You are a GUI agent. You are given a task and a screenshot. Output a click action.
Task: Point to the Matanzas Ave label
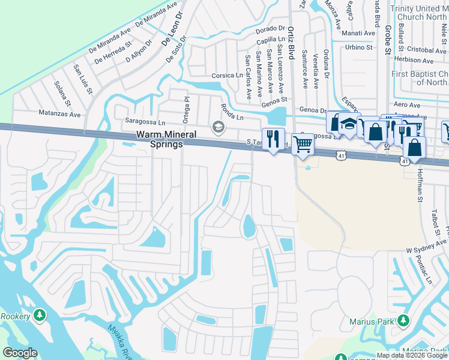click(x=59, y=113)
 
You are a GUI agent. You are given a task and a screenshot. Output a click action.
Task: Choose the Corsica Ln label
click(x=228, y=76)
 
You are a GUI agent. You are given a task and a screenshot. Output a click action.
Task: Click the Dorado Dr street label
click(x=270, y=28)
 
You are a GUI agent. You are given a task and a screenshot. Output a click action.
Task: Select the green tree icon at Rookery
click(x=40, y=314)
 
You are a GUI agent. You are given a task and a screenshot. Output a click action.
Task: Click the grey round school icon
click(x=217, y=126)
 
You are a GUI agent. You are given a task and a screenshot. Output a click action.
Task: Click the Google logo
click(x=20, y=353)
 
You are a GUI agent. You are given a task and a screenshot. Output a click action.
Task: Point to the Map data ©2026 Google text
click(x=411, y=356)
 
